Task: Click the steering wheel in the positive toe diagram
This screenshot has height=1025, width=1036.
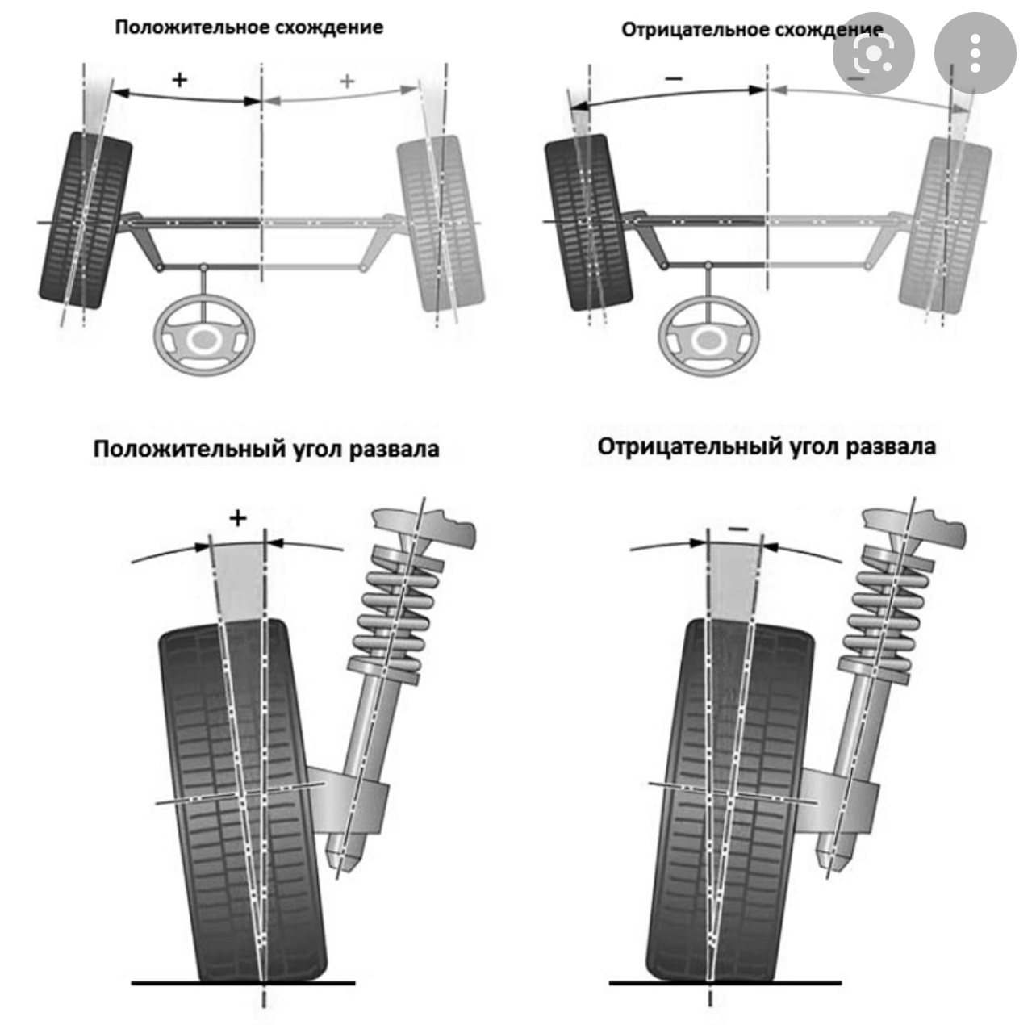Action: click(205, 340)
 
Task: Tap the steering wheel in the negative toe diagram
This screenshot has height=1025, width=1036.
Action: click(710, 340)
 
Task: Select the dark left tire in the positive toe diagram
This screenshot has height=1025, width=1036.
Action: click(86, 220)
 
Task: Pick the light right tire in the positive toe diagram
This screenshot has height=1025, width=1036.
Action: click(441, 223)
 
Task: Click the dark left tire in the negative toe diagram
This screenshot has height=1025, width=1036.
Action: click(589, 223)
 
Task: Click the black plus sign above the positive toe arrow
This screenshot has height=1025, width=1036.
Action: click(180, 80)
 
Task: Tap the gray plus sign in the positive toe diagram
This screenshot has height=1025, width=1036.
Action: click(347, 81)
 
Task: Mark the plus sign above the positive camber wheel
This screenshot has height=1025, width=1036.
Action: click(237, 518)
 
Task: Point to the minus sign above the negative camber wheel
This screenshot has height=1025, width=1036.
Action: click(737, 529)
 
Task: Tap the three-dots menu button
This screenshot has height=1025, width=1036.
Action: click(975, 54)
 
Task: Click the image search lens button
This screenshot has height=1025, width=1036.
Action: click(874, 54)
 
